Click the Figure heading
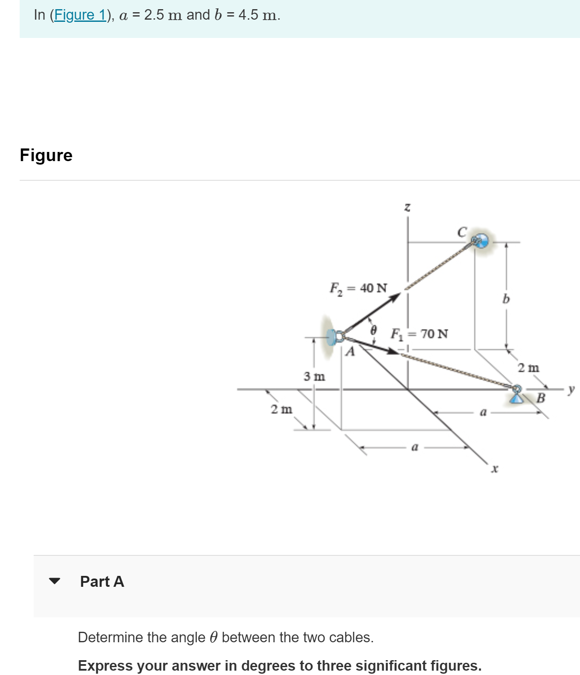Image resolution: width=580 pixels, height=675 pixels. tap(46, 155)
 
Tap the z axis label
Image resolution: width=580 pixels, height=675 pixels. tap(407, 207)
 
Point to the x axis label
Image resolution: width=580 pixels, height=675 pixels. tap(494, 469)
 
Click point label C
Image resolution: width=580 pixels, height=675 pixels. tap(462, 231)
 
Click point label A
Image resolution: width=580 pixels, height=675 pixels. tap(350, 351)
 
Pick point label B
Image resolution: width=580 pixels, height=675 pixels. tap(541, 398)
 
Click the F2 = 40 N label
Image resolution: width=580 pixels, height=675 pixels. tap(358, 288)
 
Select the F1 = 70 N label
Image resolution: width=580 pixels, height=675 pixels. tap(419, 334)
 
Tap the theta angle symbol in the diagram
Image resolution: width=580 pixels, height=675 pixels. tap(373, 330)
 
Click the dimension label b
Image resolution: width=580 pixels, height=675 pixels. tap(506, 299)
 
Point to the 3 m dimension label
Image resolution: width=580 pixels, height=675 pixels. tap(314, 376)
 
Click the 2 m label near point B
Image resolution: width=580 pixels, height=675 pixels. tap(528, 368)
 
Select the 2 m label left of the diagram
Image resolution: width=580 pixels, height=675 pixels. tap(281, 410)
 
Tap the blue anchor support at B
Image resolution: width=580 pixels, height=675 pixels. tap(517, 395)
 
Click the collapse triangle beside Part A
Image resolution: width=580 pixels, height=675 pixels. tap(55, 581)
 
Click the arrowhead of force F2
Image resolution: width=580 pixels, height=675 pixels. tap(395, 297)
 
